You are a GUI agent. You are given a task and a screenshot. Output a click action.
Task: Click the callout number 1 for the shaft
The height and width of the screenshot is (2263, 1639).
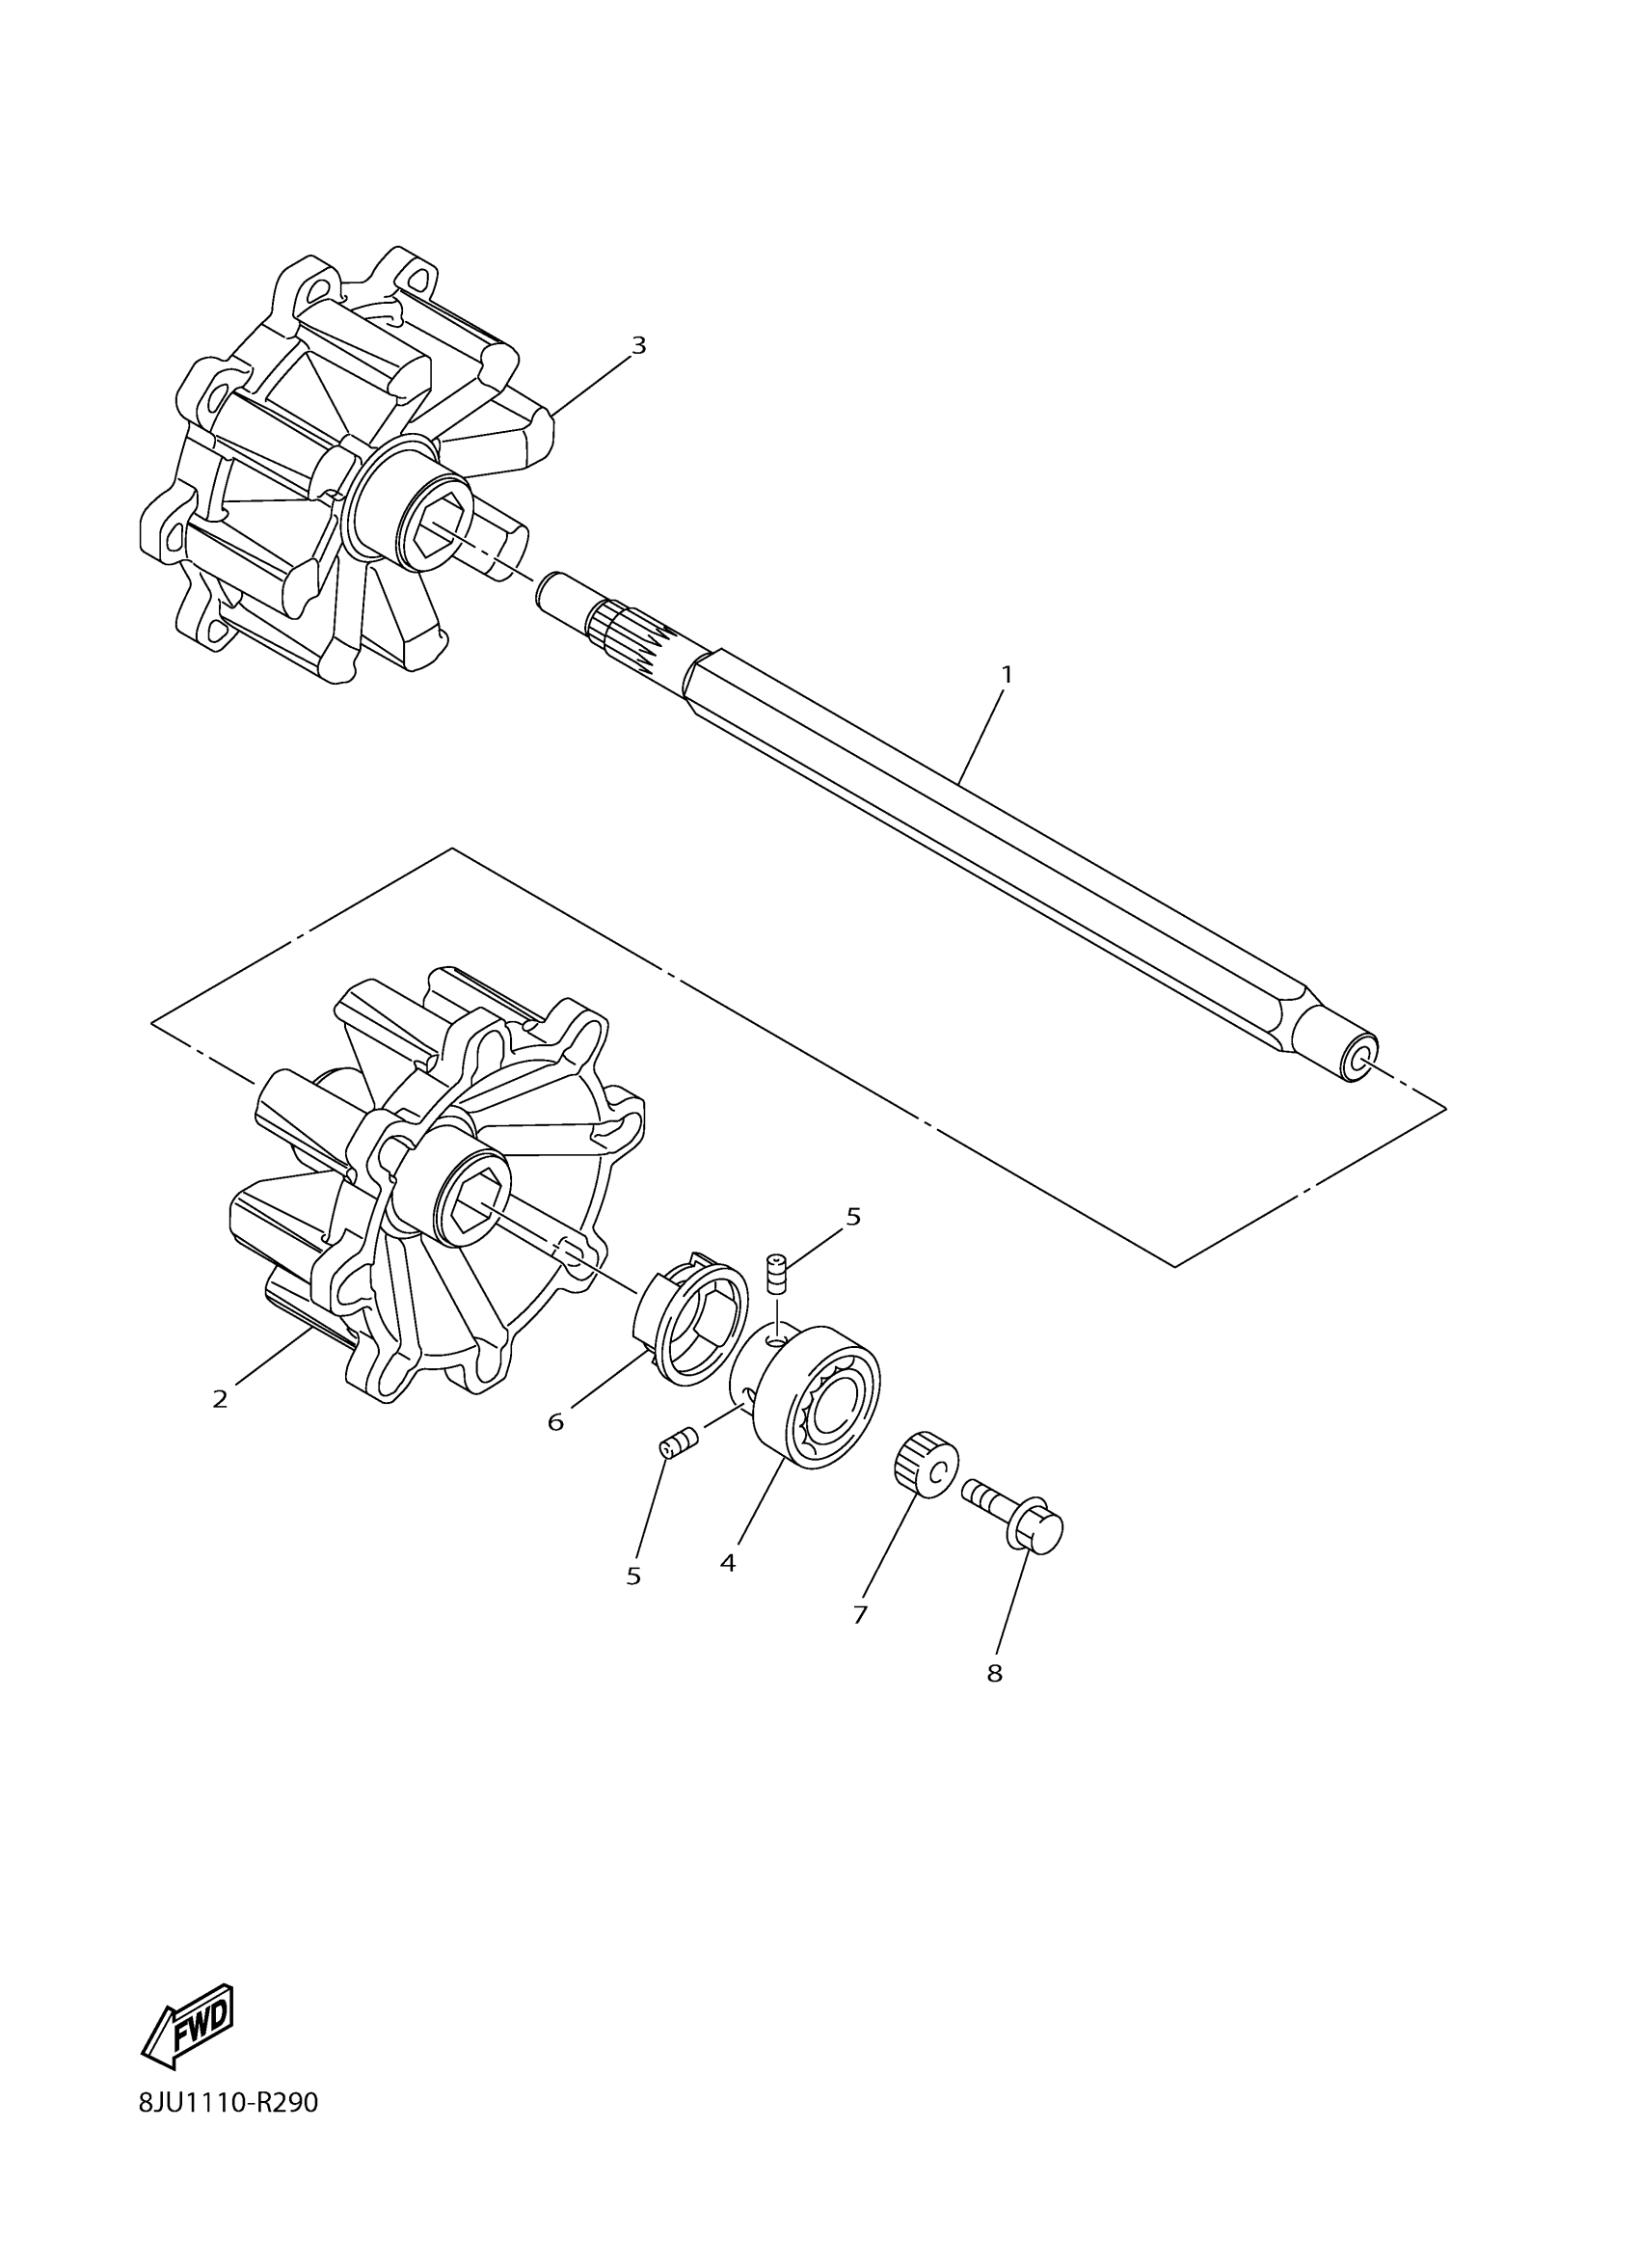tap(1007, 675)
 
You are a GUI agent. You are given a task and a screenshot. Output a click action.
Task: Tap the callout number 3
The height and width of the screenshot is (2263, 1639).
tap(638, 345)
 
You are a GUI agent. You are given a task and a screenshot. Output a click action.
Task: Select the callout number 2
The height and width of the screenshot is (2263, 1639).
tap(221, 1399)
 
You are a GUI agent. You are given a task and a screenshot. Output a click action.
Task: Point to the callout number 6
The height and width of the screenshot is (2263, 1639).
tap(555, 1422)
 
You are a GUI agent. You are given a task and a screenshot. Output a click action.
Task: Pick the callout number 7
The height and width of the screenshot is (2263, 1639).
tap(860, 1614)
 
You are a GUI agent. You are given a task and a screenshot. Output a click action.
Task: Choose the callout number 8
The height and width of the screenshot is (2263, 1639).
tap(995, 1673)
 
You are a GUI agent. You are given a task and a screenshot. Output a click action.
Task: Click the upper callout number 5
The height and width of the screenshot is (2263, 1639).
tap(853, 1216)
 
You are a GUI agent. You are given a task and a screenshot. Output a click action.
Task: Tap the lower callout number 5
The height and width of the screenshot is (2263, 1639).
tap(633, 1576)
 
